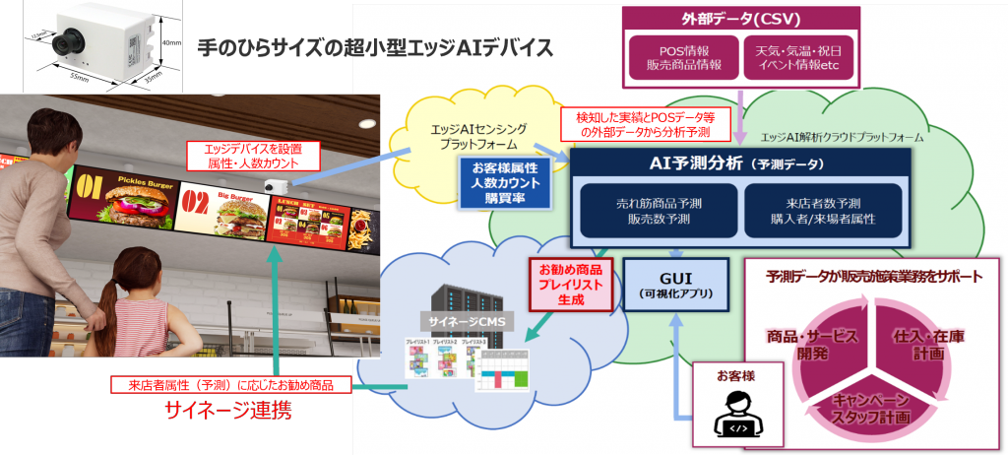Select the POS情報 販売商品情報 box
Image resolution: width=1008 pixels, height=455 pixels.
click(x=679, y=57)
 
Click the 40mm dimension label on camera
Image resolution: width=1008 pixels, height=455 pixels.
click(x=172, y=41)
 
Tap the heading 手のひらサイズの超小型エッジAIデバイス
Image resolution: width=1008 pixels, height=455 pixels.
click(x=373, y=46)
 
